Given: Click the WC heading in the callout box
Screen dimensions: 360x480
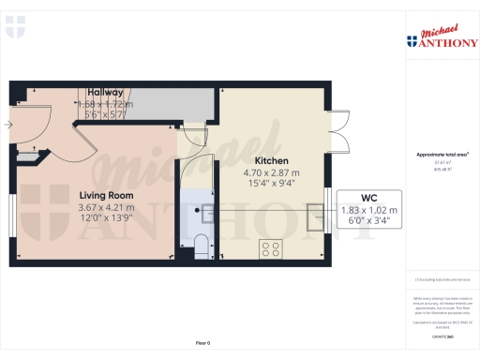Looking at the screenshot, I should tap(367, 198).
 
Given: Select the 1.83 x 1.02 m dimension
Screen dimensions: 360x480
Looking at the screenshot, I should tap(367, 210).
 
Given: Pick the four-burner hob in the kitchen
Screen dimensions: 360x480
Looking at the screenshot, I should tap(272, 249).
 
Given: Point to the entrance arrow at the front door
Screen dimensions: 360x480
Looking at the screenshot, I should tap(9, 124).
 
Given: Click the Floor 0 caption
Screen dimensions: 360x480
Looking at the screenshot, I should tap(202, 344).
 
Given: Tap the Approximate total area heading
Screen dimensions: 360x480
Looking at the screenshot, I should tap(442, 154).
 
